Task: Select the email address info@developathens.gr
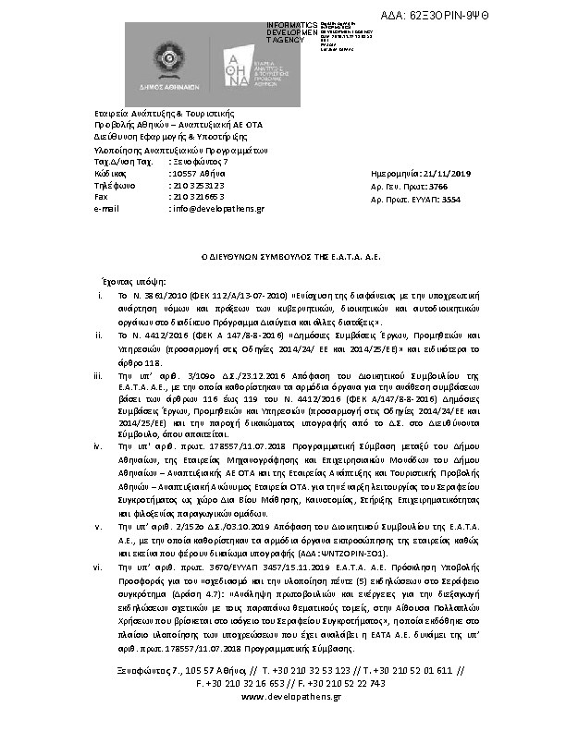(x=217, y=209)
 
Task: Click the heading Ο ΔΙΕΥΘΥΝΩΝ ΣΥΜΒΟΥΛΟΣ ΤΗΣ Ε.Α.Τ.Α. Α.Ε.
(x=283, y=250)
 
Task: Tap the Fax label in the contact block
(x=102, y=197)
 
